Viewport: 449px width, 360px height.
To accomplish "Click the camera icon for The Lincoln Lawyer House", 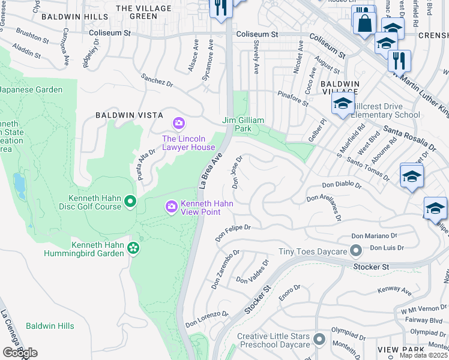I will [178, 124].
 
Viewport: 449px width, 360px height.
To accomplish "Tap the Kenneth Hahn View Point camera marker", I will [172, 206].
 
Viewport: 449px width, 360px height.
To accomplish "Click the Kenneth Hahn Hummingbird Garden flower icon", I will [133, 247].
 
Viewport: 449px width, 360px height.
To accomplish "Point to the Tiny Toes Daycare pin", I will [356, 250].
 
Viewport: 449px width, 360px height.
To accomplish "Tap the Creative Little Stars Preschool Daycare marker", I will [319, 339].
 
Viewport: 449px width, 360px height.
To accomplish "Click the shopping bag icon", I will [364, 23].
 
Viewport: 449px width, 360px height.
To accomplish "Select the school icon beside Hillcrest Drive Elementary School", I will [342, 104].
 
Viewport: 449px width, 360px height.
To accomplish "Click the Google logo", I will [19, 352].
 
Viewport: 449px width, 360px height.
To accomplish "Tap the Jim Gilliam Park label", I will [244, 124].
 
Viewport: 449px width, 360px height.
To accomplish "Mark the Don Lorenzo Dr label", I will [207, 318].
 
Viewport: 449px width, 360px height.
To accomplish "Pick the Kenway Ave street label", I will [394, 291].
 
